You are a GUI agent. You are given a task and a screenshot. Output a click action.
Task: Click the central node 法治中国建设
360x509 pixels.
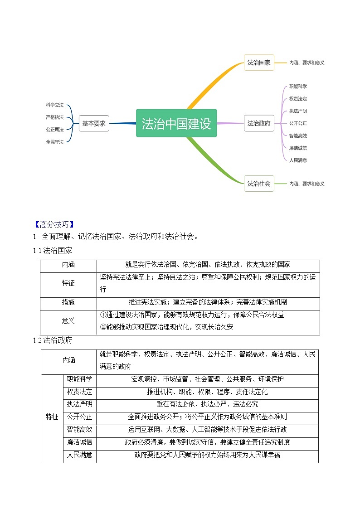(x=176, y=123)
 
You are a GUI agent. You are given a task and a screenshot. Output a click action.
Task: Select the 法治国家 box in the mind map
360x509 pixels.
(x=259, y=63)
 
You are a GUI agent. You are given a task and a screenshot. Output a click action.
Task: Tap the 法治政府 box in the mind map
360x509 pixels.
(x=259, y=123)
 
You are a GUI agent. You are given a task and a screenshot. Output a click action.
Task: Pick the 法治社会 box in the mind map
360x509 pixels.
(x=259, y=184)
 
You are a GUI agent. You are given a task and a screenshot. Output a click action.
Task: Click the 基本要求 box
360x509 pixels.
(x=94, y=123)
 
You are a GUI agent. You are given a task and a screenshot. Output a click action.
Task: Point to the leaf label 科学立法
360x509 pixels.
(x=55, y=105)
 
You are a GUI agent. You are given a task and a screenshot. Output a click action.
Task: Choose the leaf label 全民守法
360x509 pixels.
(x=55, y=142)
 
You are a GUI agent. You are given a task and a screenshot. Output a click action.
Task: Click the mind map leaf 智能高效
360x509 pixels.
(x=298, y=136)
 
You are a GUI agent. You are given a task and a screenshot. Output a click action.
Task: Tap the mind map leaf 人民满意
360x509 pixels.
(x=298, y=160)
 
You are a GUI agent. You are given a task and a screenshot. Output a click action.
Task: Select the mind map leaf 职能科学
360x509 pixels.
(x=298, y=86)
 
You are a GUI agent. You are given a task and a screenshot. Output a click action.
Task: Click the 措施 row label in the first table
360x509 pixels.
(x=68, y=302)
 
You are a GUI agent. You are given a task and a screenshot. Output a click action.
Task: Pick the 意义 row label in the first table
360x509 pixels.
(x=68, y=320)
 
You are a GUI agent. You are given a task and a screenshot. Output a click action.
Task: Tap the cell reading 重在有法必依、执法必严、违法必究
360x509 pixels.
(x=207, y=404)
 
